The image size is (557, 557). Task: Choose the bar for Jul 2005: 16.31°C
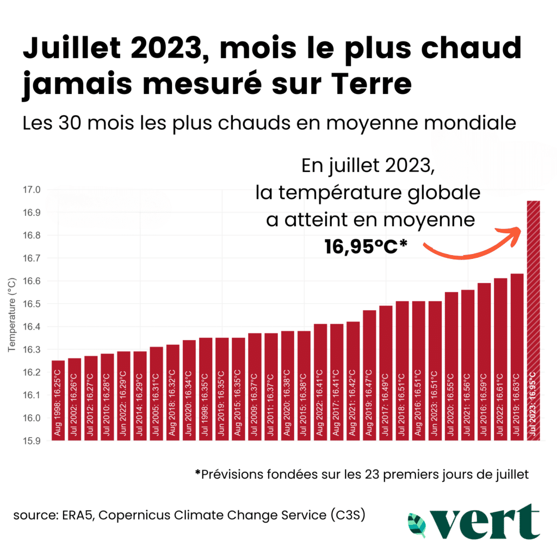point(157,394)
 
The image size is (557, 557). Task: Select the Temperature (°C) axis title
point(12,315)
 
